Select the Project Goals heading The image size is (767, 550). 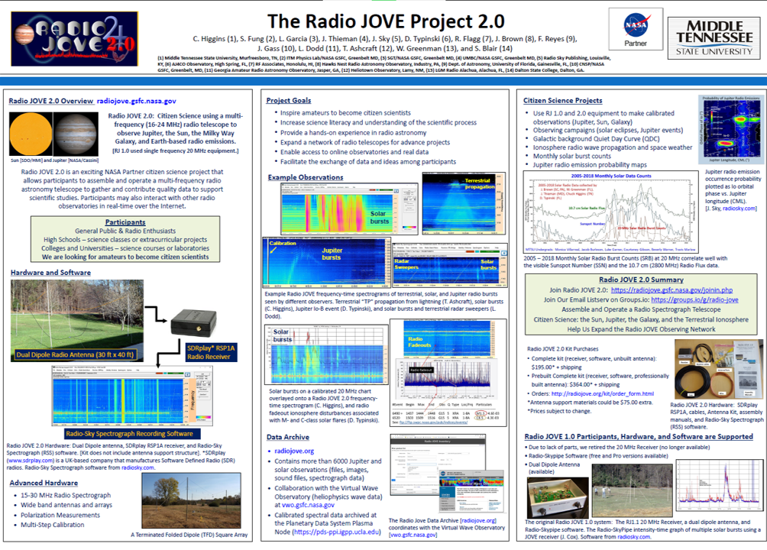[x=288, y=101]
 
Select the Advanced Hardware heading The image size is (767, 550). [x=44, y=483]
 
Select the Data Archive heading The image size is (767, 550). [x=288, y=437]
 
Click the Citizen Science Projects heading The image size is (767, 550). [x=562, y=101]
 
